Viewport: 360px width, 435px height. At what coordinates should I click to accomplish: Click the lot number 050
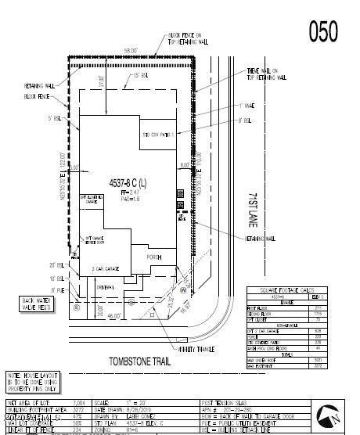point(323,31)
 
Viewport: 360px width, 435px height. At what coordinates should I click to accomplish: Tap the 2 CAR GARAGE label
point(106,268)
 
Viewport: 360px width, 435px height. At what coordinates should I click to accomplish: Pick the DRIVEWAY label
point(106,288)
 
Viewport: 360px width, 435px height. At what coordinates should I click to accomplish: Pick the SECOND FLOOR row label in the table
point(262,314)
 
